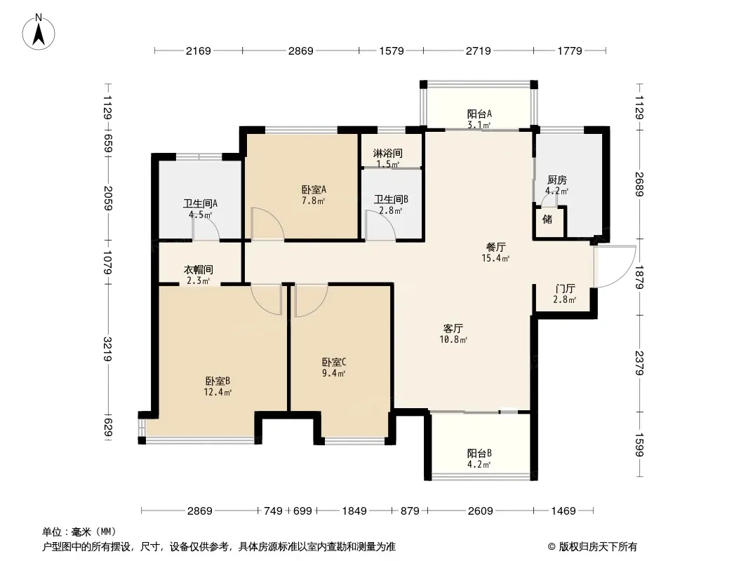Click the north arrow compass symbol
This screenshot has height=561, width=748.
39,32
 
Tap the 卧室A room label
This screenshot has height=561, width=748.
314,190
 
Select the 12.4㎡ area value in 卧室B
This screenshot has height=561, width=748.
218,392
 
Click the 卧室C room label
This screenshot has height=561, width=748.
334,363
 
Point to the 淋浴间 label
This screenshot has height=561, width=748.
388,154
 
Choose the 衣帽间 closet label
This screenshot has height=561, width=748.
199,270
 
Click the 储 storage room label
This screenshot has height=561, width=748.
547,219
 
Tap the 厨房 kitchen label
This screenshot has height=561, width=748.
557,180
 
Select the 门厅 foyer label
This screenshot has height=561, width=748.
566,289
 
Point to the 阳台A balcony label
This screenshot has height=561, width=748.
479,114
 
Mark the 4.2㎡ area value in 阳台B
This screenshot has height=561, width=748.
479,464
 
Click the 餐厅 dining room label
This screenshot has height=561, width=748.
496,248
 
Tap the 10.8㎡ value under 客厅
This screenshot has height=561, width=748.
453,339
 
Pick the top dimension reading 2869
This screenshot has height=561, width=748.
301,50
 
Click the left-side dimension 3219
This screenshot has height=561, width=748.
108,349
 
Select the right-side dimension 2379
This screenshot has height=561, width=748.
640,363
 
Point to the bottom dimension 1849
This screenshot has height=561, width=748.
354,511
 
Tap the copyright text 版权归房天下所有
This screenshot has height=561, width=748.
598,547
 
